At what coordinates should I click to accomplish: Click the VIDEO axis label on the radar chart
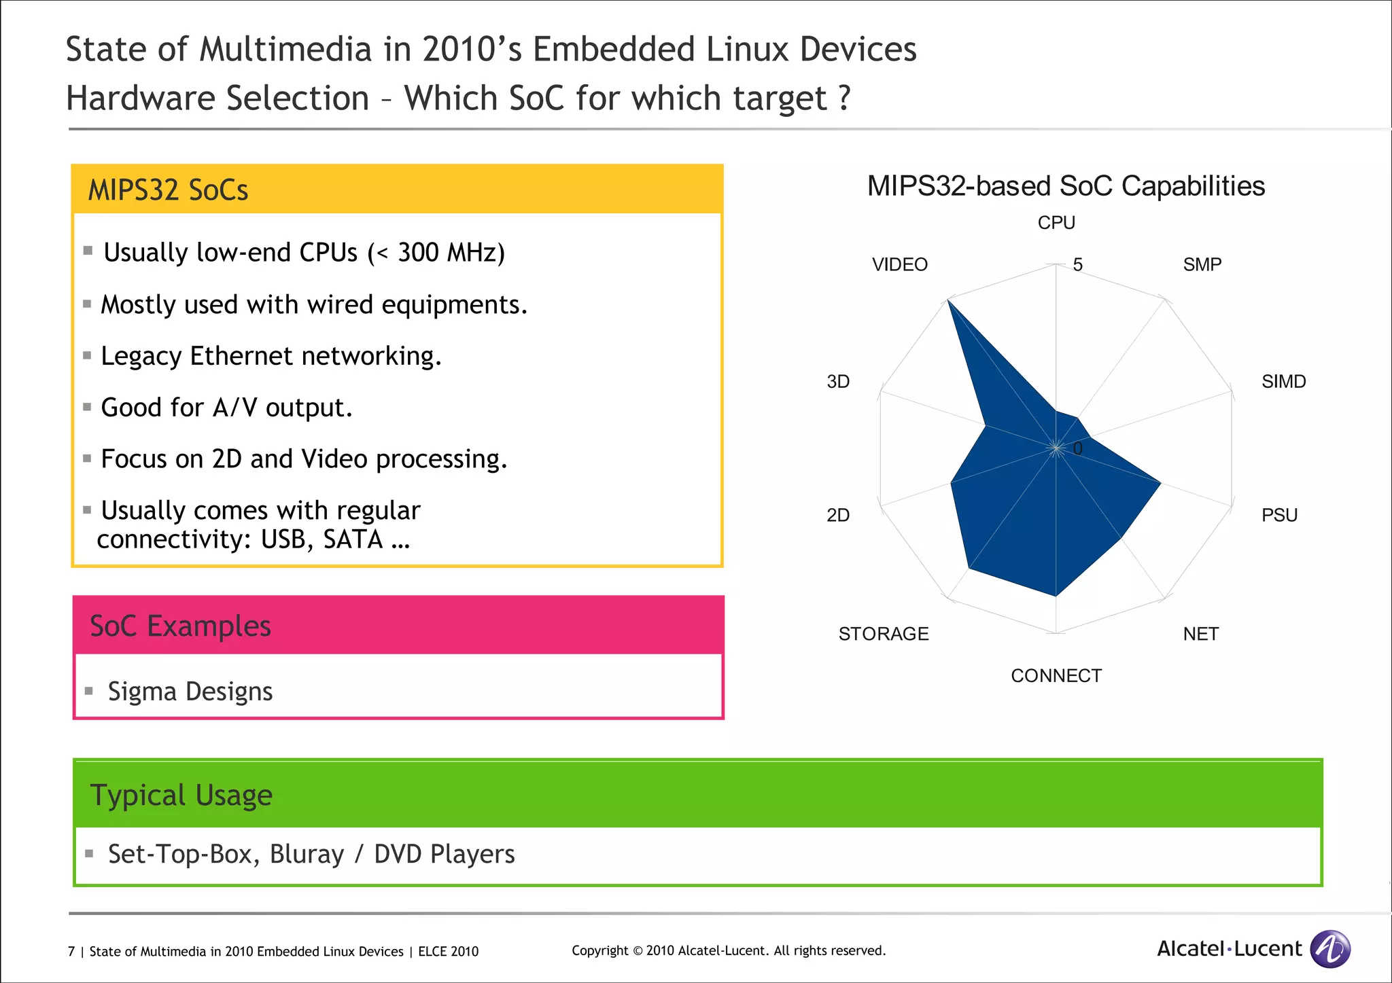(899, 264)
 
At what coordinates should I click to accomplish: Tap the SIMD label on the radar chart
(1283, 381)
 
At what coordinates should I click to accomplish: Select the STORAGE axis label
(883, 634)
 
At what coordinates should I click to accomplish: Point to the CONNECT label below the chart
(1056, 676)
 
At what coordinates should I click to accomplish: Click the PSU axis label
(1279, 515)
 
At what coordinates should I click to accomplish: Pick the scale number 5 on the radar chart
(1077, 265)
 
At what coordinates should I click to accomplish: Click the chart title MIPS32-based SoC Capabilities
(1065, 186)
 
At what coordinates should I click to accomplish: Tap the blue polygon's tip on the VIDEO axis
(949, 302)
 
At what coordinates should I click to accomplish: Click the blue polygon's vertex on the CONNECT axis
(1056, 595)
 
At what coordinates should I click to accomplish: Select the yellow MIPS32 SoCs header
(397, 190)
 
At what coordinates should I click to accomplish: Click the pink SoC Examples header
(398, 626)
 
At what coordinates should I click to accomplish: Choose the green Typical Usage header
(697, 795)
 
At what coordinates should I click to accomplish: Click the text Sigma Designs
(190, 692)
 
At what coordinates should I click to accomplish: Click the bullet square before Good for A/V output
(87, 407)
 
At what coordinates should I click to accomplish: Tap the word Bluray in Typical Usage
(307, 854)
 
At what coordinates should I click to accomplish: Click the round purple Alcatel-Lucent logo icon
(1329, 948)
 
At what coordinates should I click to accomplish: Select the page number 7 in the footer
(71, 952)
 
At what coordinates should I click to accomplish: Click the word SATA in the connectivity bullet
(353, 539)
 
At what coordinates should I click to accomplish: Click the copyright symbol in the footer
(638, 951)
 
